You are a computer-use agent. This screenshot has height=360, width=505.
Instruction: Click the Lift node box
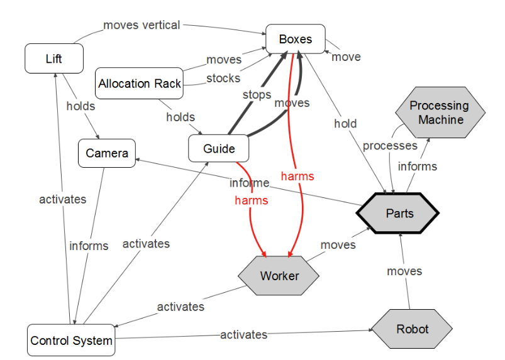pyautogui.click(x=54, y=59)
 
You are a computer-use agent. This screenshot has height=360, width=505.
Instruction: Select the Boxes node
pyautogui.click(x=295, y=39)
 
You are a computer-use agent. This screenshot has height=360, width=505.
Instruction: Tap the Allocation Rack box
pyautogui.click(x=140, y=84)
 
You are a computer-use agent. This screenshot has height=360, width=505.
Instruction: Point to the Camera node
pyautogui.click(x=107, y=153)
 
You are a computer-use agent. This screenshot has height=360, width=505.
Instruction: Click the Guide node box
pyautogui.click(x=219, y=149)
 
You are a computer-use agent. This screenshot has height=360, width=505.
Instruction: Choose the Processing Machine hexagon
pyautogui.click(x=440, y=112)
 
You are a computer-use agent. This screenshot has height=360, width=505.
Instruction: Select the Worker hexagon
pyautogui.click(x=279, y=276)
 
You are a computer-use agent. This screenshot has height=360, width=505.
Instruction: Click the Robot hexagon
pyautogui.click(x=412, y=329)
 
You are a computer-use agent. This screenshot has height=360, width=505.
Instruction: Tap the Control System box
pyautogui.click(x=71, y=341)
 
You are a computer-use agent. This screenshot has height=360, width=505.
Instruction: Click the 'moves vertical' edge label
pyautogui.click(x=142, y=26)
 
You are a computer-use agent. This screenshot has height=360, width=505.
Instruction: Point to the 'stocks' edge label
pyautogui.click(x=223, y=78)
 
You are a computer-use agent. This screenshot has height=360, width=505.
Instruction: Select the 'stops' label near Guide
pyautogui.click(x=257, y=95)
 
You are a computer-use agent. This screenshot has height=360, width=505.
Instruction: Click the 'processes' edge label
pyautogui.click(x=389, y=146)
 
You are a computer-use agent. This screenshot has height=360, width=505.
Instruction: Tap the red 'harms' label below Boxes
pyautogui.click(x=297, y=176)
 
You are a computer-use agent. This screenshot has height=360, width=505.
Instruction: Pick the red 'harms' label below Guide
pyautogui.click(x=251, y=200)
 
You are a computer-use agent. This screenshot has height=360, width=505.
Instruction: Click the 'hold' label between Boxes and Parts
pyautogui.click(x=345, y=124)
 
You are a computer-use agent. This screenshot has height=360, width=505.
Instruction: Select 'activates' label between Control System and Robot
pyautogui.click(x=243, y=335)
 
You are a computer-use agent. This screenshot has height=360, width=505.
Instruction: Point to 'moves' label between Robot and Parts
pyautogui.click(x=404, y=271)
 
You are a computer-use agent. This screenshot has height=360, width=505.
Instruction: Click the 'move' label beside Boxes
pyautogui.click(x=346, y=57)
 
